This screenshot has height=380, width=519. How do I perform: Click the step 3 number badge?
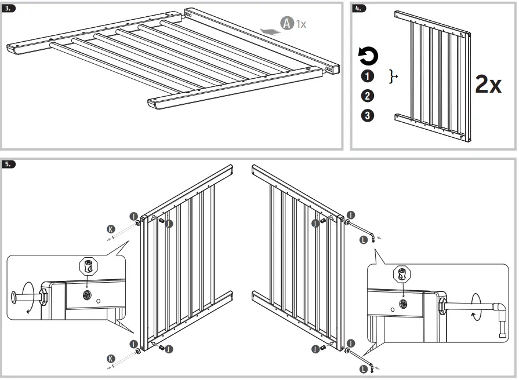10,9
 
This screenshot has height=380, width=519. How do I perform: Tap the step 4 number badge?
360,9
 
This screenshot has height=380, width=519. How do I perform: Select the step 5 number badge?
10,164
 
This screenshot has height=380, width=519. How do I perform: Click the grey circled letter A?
287,23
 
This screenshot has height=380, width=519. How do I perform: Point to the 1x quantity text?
301,24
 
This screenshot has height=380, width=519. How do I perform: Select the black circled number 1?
368,76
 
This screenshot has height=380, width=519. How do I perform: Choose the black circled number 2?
368,96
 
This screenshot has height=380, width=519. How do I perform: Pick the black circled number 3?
368,115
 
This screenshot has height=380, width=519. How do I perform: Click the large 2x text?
488,85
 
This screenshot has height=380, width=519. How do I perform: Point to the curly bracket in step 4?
394,76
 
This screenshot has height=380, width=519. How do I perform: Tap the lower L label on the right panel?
364,367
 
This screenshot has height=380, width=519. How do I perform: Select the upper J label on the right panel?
315,224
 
